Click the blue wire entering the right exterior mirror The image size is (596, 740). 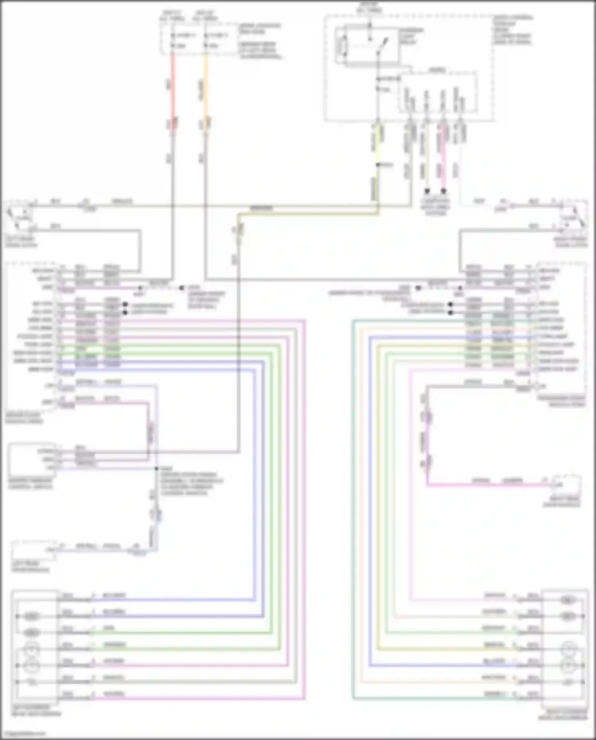coord(437,665)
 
